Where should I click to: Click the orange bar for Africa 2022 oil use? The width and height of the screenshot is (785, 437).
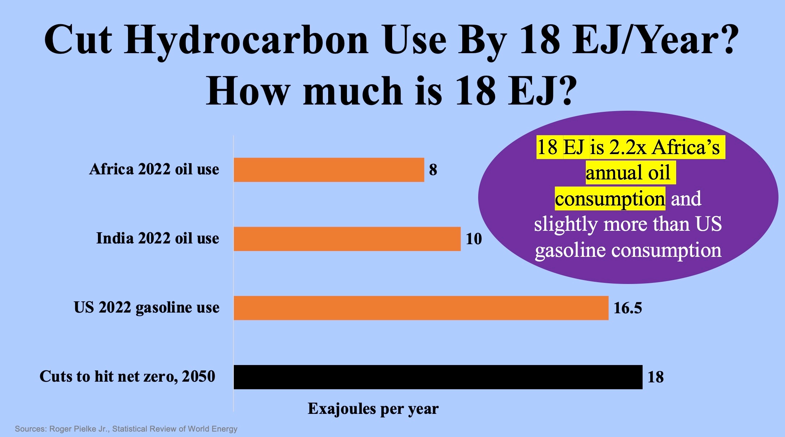pos(329,170)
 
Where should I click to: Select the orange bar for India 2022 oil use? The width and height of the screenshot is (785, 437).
pos(347,239)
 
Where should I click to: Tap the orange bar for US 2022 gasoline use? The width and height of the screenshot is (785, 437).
pos(421,308)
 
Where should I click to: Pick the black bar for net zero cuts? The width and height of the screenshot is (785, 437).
pos(438,377)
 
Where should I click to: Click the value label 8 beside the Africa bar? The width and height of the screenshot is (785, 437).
pos(433,170)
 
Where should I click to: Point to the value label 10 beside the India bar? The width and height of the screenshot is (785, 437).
pos(474,239)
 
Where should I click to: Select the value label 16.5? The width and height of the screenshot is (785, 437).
pos(628,308)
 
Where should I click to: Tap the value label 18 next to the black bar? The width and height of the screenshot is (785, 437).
pos(656,377)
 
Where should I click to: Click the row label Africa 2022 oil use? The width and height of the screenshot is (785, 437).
pos(154,169)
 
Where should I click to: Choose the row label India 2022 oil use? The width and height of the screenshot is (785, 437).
pos(158,238)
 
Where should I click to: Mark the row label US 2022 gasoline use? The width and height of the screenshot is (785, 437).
pos(147,308)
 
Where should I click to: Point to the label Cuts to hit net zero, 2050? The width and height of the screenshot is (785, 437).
pos(127,377)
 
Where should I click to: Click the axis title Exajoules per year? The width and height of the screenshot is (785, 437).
pos(373,409)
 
